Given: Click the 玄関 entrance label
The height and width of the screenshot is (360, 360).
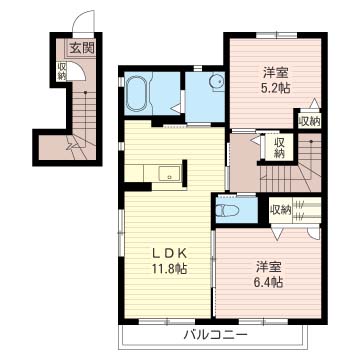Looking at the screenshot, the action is click(82, 48).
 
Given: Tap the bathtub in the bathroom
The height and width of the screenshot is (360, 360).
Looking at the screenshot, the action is click(137, 93).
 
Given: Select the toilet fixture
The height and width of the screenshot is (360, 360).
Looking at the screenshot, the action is click(227, 210).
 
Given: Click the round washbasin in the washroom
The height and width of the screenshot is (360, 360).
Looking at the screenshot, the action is click(217, 81).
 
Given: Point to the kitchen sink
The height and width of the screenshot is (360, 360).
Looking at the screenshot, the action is click(169, 173).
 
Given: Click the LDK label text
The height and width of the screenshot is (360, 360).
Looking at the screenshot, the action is click(169, 254).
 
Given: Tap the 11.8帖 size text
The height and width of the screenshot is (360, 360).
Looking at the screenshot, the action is click(170, 268).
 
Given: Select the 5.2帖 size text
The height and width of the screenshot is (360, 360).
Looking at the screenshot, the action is click(276, 88).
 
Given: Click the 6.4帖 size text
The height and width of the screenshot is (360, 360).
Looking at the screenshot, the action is click(270, 283).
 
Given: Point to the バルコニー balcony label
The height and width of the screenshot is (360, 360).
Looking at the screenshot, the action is click(215, 334).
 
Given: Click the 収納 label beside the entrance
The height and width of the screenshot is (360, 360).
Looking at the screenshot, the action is click(62, 71).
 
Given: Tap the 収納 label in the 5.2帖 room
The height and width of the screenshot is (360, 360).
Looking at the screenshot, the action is click(309, 120).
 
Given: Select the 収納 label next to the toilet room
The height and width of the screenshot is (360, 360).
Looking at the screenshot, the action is click(281, 210).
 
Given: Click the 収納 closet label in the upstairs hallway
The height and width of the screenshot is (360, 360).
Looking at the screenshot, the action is click(278, 148).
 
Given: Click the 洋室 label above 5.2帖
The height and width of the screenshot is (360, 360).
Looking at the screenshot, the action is click(275, 72).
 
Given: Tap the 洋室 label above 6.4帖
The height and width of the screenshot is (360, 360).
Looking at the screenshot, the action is click(269, 267).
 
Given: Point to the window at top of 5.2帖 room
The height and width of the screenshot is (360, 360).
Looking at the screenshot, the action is click(276, 35).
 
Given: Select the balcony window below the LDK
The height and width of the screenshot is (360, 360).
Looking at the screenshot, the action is click(167, 321).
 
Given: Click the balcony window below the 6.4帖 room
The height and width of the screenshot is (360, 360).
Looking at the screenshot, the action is click(264, 321).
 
